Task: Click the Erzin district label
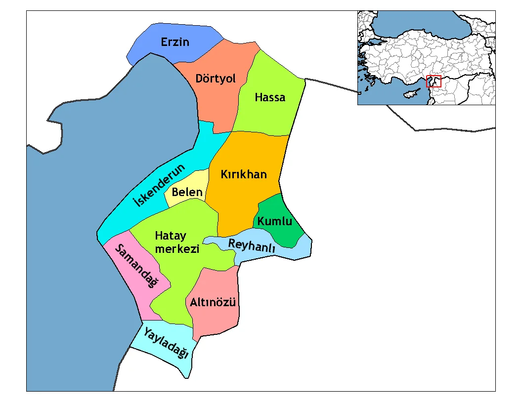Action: (x=175, y=42)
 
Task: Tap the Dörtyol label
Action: (x=216, y=79)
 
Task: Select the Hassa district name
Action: (x=270, y=97)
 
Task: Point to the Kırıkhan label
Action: (x=244, y=174)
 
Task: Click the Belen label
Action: (x=187, y=192)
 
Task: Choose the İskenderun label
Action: (x=159, y=185)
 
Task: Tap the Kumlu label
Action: (x=275, y=221)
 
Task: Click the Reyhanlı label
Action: (x=251, y=245)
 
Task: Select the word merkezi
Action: (x=177, y=249)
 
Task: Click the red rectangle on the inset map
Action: (x=434, y=81)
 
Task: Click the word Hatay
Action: (x=171, y=235)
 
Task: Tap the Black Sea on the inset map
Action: (x=420, y=25)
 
